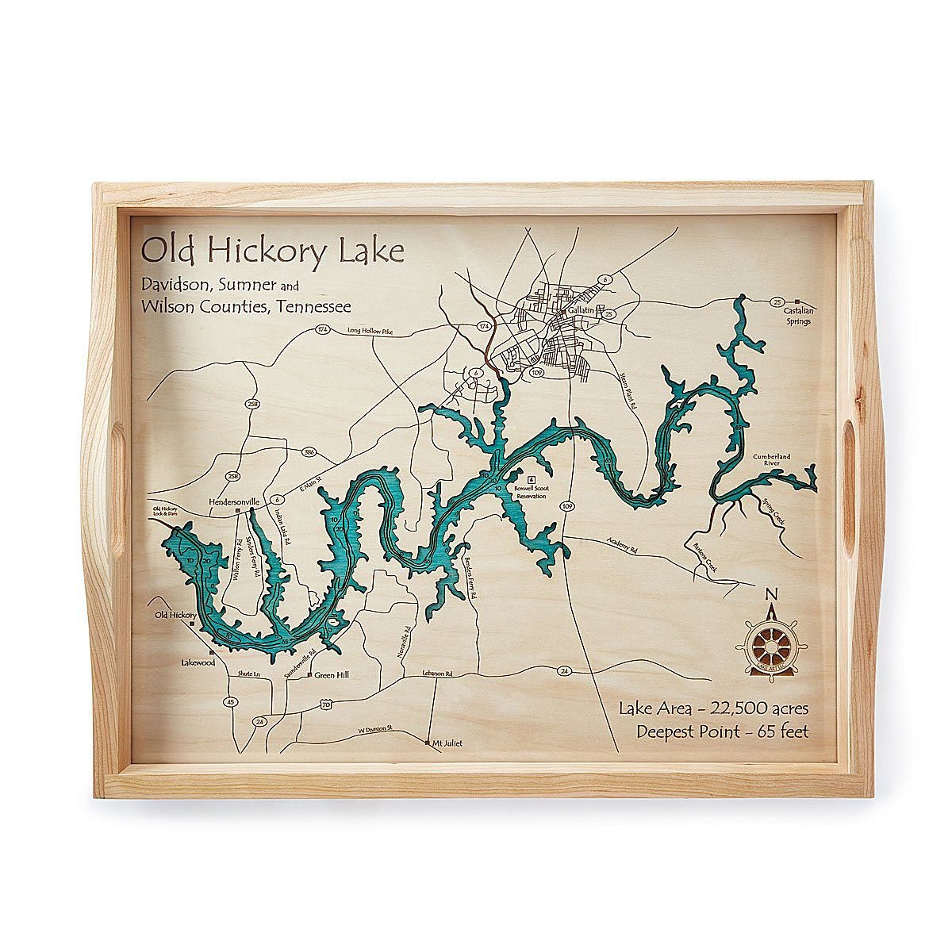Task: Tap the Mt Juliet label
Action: (x=447, y=743)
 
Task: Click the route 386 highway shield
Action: (x=309, y=453)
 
